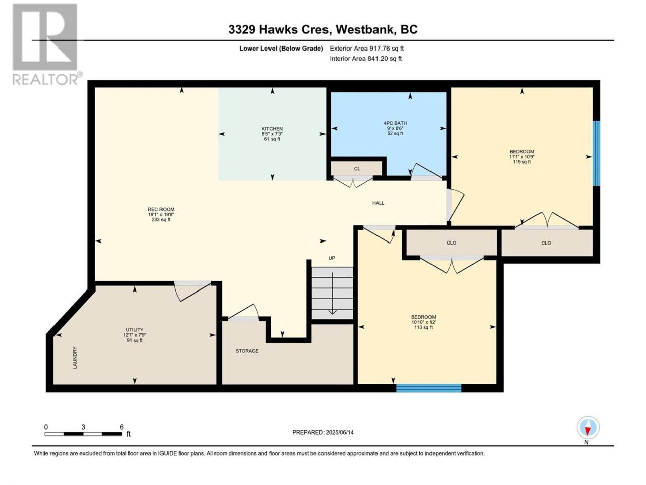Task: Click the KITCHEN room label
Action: [272, 129]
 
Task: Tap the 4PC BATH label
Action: [395, 123]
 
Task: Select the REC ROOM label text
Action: [161, 209]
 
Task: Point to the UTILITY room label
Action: [134, 330]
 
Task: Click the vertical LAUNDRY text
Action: [75, 358]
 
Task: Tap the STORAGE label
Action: [247, 351]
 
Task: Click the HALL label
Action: [378, 203]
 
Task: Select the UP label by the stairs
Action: [332, 258]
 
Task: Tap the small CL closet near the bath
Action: [356, 169]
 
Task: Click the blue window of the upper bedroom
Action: [596, 154]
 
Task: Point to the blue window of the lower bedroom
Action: [428, 388]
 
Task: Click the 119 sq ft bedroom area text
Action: [522, 162]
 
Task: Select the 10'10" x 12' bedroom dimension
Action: [423, 322]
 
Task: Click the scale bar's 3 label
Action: [83, 427]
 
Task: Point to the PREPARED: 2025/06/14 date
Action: [323, 432]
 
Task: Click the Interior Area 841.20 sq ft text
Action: [365, 58]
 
